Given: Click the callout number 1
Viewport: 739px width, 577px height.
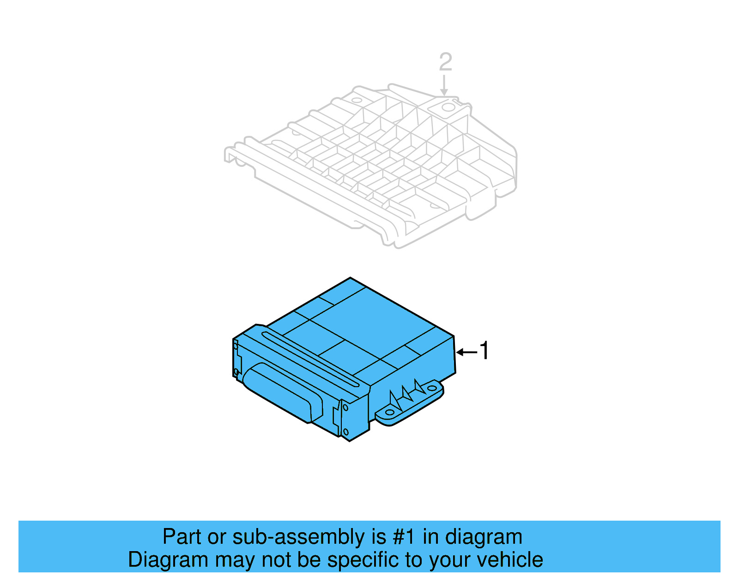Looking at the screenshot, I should [x=484, y=351].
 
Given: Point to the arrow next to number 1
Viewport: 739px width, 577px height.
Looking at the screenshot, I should [x=466, y=352].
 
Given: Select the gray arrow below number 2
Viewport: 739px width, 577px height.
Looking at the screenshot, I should [x=444, y=85].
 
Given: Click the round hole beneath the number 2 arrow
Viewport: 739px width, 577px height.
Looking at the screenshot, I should [x=447, y=108].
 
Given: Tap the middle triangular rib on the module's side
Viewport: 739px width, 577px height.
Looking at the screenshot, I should [x=406, y=393].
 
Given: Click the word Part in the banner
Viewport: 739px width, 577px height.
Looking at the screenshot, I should [x=182, y=537].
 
